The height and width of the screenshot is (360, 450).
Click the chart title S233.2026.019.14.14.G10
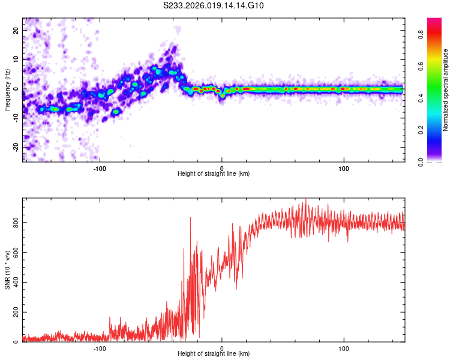coord(214,6)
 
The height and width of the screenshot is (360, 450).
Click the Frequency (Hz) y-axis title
coord(7,89)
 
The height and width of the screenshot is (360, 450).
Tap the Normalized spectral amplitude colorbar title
coord(446,90)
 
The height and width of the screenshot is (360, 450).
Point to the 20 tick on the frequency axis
coord(16,29)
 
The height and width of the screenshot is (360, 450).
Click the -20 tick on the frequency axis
coord(15,147)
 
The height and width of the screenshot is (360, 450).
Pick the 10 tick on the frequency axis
coord(16,59)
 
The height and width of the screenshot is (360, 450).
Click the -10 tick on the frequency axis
coord(15,118)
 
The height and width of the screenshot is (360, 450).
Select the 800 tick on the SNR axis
coord(14,223)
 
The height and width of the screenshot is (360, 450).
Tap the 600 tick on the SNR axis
coord(14,253)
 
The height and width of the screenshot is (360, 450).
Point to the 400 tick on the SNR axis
coord(14,283)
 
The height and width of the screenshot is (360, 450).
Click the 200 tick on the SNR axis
coord(14,313)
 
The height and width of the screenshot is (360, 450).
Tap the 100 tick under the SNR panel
coord(344,348)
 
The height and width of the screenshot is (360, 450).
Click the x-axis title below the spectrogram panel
coord(214,174)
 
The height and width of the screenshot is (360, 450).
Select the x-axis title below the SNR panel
coord(214,355)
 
